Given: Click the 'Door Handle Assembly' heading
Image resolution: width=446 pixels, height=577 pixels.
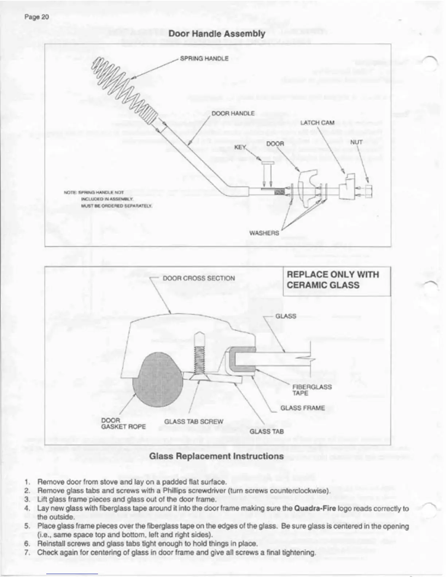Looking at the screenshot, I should pos(216,34).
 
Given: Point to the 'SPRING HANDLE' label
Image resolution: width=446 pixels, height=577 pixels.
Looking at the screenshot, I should pos(204,58).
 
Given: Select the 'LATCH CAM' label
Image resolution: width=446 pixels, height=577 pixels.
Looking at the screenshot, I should pos(317,123).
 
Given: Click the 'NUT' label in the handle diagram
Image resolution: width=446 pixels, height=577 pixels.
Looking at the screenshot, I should pos(356,142).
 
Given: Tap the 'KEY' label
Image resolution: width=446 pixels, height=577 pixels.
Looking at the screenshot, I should pos(240,147).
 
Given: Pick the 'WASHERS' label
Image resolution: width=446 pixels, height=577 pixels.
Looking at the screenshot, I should pos(264,233).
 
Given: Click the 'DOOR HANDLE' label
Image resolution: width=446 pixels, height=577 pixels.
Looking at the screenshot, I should pos(233,113).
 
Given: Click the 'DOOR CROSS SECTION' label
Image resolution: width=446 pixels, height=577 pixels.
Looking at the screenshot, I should pos(199,278).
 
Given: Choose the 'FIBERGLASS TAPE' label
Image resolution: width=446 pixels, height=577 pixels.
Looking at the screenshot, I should pos(312,390).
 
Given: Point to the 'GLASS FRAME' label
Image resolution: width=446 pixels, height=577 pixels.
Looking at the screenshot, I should pos(302,408).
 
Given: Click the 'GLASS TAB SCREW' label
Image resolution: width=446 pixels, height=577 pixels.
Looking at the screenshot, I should pos(193,421).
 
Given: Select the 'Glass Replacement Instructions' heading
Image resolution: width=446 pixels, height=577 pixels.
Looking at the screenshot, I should pos(216,456).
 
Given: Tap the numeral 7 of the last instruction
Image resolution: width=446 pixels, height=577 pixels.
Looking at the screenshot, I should pos(27,552).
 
